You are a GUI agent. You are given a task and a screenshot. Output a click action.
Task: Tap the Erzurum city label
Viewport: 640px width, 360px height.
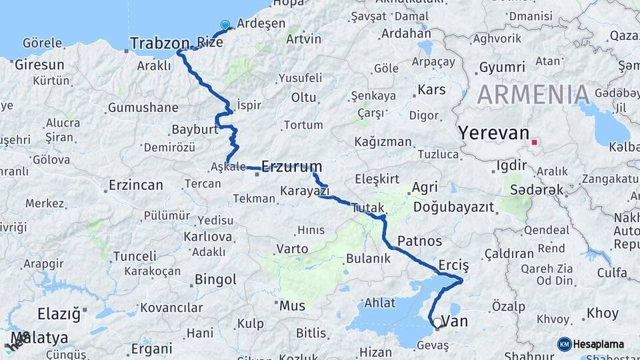coord(292,166)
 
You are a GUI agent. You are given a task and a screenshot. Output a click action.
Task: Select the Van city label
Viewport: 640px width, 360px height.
coord(455,322)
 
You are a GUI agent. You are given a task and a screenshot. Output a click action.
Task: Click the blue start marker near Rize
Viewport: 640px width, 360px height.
coord(225,26)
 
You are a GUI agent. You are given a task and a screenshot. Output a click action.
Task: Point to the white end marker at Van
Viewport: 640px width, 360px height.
coord(437,323)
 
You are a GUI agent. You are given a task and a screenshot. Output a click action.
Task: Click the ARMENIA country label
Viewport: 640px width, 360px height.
coord(533,95)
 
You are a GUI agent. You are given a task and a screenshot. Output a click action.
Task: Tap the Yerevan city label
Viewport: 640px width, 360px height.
coord(493,133)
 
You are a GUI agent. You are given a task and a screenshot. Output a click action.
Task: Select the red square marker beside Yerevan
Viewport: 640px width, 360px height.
coord(534,141)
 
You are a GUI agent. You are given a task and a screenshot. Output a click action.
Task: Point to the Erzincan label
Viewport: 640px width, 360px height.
coord(135,185)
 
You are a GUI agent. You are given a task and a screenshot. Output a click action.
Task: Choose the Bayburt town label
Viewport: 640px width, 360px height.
coord(195,129)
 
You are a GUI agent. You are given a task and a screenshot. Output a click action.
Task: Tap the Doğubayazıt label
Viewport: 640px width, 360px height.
coord(453,207)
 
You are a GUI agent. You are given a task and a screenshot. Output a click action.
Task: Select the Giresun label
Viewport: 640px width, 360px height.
coord(39,65)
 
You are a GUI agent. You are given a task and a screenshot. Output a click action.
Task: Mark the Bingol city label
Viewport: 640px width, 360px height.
coord(215,279)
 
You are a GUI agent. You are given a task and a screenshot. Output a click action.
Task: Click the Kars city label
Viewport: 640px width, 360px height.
coord(431,89)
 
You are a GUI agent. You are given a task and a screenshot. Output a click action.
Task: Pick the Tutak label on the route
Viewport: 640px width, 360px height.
coord(368,207)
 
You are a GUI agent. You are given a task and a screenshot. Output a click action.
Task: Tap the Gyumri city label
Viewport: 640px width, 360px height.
coord(502,67)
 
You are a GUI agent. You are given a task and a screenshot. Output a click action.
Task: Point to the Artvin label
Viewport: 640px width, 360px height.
coord(303,39)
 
